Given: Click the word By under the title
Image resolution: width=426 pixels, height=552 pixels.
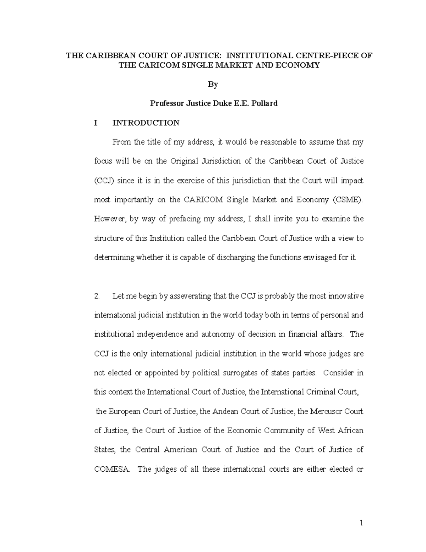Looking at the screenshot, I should click(x=213, y=85).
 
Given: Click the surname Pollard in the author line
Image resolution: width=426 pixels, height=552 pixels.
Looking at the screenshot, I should click(x=264, y=103).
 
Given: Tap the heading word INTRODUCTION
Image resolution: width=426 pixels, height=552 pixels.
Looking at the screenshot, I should click(x=146, y=123).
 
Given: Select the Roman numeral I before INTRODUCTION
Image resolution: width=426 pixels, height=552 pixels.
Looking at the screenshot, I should click(x=95, y=123).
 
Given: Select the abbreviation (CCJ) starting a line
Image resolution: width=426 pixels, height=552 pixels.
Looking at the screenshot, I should click(x=104, y=181).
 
